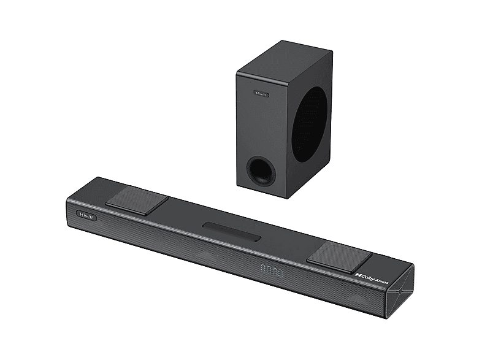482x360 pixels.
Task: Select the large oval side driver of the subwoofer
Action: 309,123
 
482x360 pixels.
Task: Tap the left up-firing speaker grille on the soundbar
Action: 136,200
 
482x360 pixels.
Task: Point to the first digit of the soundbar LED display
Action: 262,267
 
